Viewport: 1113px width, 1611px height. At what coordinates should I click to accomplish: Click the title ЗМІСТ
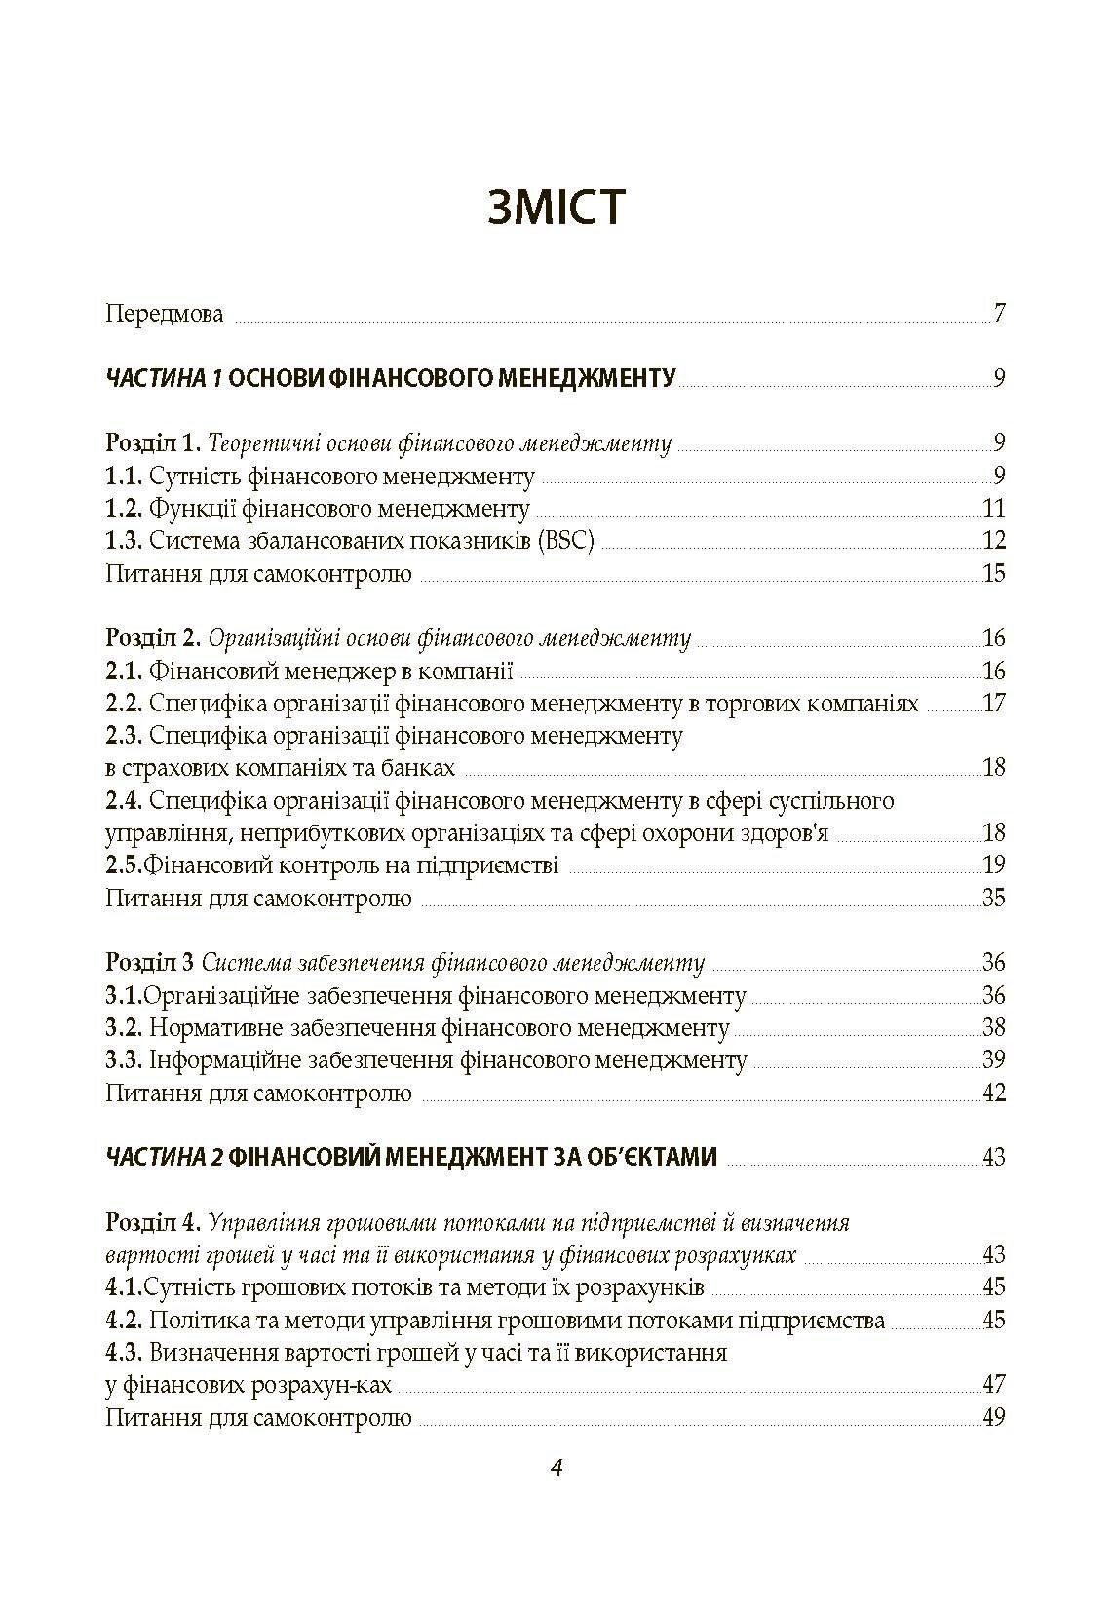[x=556, y=208]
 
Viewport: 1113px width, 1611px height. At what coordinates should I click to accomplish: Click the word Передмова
[x=165, y=315]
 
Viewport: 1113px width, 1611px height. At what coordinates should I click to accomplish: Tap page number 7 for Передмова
[x=999, y=314]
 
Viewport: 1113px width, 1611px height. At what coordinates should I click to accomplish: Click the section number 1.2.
[x=124, y=509]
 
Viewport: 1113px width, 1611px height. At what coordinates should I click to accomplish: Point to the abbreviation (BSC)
[x=564, y=541]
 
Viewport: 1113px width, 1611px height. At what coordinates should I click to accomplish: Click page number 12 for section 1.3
[x=993, y=541]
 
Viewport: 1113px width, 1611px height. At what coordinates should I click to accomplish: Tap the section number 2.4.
[x=124, y=801]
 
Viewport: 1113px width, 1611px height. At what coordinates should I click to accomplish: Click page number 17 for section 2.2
[x=993, y=704]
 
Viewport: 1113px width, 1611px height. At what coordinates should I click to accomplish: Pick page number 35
[x=993, y=898]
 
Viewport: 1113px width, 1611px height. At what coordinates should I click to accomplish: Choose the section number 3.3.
[x=124, y=1060]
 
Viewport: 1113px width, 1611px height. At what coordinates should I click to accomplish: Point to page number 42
[x=993, y=1093]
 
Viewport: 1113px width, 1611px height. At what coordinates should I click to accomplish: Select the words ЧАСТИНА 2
[x=165, y=1157]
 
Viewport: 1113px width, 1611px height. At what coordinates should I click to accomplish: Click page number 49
[x=993, y=1417]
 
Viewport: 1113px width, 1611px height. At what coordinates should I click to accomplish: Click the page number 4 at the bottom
[x=556, y=1469]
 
